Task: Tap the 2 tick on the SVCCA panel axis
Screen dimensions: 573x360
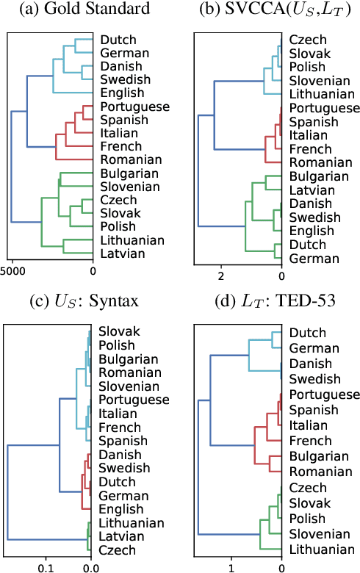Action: [x=220, y=276]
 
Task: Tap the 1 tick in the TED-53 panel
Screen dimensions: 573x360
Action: [x=231, y=568]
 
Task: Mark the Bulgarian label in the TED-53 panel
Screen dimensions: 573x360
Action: [x=319, y=456]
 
